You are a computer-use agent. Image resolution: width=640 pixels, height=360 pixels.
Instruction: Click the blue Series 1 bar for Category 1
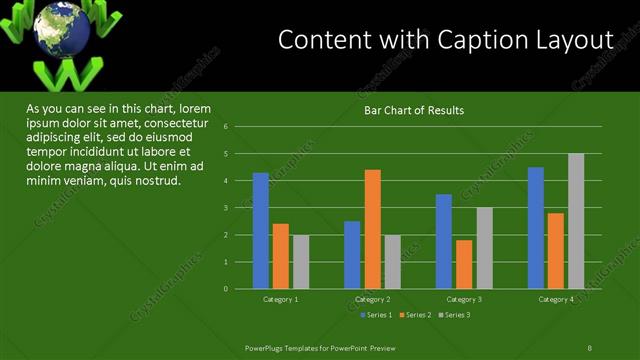click(261, 231)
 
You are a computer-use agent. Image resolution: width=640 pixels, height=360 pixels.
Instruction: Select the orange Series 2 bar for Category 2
click(372, 229)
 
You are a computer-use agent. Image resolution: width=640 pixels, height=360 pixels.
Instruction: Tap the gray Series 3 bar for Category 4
click(576, 221)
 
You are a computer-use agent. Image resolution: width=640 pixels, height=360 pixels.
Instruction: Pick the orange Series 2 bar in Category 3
click(464, 264)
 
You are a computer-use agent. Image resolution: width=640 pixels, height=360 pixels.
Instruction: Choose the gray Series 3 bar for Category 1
click(301, 262)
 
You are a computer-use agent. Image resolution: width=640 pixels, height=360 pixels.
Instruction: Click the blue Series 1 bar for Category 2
click(352, 255)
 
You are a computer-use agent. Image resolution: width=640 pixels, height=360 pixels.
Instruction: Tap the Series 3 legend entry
click(456, 315)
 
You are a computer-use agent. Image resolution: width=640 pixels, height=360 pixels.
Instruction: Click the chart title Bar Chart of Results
click(413, 110)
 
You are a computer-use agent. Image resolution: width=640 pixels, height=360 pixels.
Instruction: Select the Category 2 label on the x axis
click(372, 299)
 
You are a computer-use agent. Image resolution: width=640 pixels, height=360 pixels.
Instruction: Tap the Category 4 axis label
click(556, 299)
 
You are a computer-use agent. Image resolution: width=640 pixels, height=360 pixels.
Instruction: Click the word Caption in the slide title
click(477, 40)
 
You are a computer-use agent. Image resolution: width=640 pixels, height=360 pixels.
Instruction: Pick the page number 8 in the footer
click(590, 347)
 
